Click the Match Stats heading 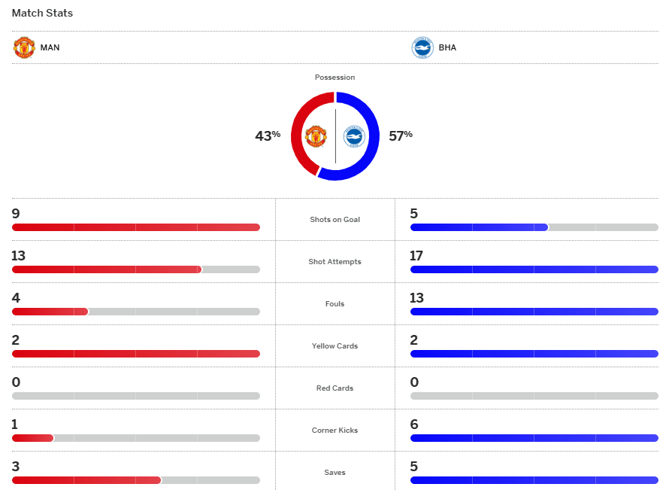[x=42, y=14]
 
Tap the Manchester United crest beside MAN [x=24, y=47]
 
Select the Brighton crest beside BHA [x=422, y=47]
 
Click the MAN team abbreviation [x=50, y=47]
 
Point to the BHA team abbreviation [x=447, y=47]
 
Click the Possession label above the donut [x=334, y=78]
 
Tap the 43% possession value [x=268, y=135]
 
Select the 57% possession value [x=400, y=135]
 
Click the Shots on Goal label [x=334, y=220]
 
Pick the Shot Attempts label [x=334, y=262]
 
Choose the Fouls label [x=334, y=304]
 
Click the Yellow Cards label [x=334, y=346]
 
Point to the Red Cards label [x=334, y=388]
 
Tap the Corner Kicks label [x=334, y=431]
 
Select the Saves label [x=334, y=473]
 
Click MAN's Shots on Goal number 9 [x=16, y=214]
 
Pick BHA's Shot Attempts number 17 [x=416, y=256]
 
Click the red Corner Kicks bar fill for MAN [x=32, y=438]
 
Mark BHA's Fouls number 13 [x=416, y=298]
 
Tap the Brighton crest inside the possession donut [x=353, y=136]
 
